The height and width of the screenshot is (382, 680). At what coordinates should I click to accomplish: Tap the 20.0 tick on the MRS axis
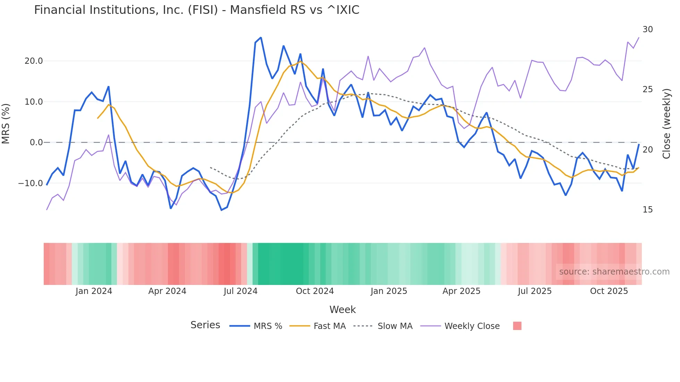(34, 61)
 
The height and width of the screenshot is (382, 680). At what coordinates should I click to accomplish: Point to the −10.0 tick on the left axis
(31, 183)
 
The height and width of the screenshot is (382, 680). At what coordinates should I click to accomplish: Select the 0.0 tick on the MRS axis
(36, 142)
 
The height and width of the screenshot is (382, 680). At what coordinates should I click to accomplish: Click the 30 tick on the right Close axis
(647, 29)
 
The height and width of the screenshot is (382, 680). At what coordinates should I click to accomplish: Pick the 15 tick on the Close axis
(647, 210)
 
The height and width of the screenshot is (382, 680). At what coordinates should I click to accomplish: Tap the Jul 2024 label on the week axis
(240, 291)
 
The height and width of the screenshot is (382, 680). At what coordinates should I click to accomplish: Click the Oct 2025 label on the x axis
(609, 291)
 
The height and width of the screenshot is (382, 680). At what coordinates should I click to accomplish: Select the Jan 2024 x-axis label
(94, 291)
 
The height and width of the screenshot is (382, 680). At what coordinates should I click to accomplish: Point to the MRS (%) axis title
(6, 123)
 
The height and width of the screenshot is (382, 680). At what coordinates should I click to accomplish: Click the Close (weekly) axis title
(666, 123)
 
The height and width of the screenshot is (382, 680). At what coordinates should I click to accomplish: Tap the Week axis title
(342, 310)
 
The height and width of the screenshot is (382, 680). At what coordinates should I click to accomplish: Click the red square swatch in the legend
(517, 326)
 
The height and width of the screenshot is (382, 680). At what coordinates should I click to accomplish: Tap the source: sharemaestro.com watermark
(614, 272)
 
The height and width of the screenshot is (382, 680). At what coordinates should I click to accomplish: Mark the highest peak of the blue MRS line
(261, 37)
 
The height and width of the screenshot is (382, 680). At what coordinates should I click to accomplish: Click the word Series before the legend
(205, 325)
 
